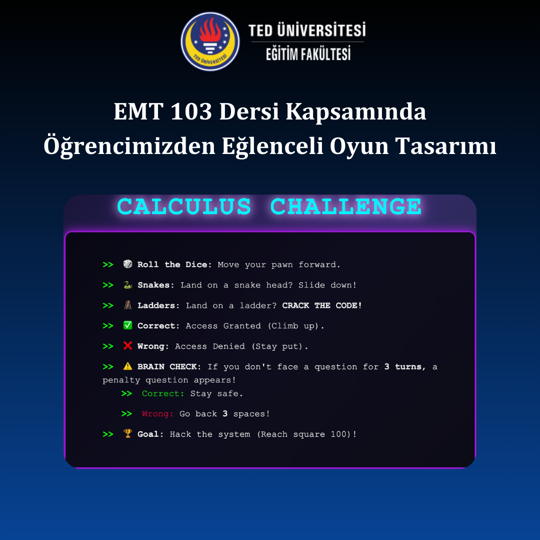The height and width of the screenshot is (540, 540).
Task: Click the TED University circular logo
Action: pyautogui.click(x=210, y=41)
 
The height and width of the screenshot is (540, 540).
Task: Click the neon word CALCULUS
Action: pyautogui.click(x=184, y=207)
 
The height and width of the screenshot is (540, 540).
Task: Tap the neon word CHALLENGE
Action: pyautogui.click(x=346, y=207)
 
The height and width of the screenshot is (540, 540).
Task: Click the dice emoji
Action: pyautogui.click(x=128, y=264)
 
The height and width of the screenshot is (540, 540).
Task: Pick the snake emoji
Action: pyautogui.click(x=128, y=285)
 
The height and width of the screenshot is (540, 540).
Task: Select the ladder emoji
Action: pyautogui.click(x=128, y=305)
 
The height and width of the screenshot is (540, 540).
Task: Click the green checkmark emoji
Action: pyautogui.click(x=128, y=326)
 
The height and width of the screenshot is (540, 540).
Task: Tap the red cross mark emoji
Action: pyautogui.click(x=128, y=346)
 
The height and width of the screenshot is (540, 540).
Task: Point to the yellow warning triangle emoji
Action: pyautogui.click(x=128, y=366)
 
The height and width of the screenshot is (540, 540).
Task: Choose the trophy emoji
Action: pyautogui.click(x=128, y=434)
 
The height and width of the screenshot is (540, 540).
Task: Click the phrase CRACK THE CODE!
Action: pyautogui.click(x=322, y=305)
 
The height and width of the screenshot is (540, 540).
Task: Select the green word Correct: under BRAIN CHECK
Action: pyautogui.click(x=163, y=393)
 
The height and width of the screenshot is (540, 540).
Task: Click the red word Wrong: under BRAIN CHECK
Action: pyautogui.click(x=157, y=414)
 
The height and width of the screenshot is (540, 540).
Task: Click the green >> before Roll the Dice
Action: pyautogui.click(x=108, y=264)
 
